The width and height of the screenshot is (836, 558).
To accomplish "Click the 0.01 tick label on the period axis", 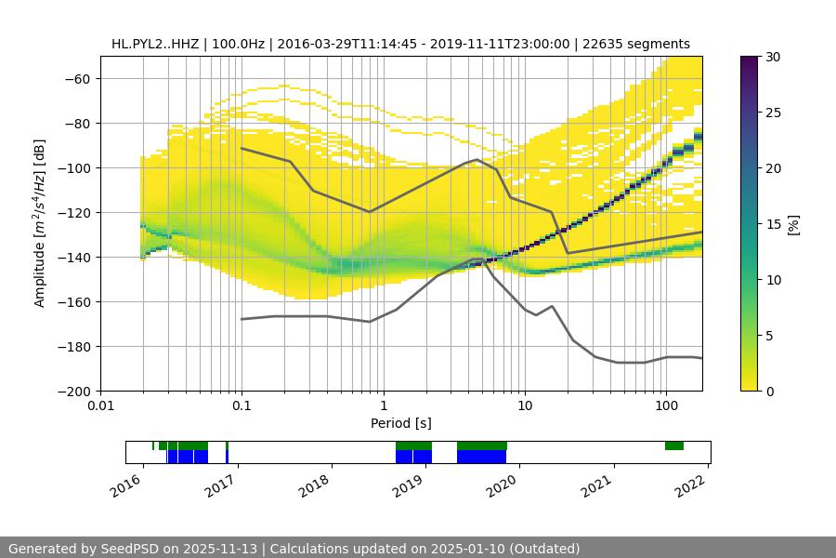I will click(100, 406).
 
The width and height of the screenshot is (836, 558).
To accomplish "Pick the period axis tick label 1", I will click(383, 406).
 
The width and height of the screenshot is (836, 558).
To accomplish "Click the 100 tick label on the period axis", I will click(665, 406).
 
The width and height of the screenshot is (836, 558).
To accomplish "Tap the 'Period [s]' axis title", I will click(400, 423).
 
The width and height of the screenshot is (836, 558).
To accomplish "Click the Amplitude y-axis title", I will click(40, 223).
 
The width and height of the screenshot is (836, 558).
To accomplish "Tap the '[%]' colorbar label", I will click(792, 224).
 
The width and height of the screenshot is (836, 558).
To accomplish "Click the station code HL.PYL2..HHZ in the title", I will click(152, 44).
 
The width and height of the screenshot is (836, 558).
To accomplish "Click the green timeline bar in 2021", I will click(674, 445).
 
